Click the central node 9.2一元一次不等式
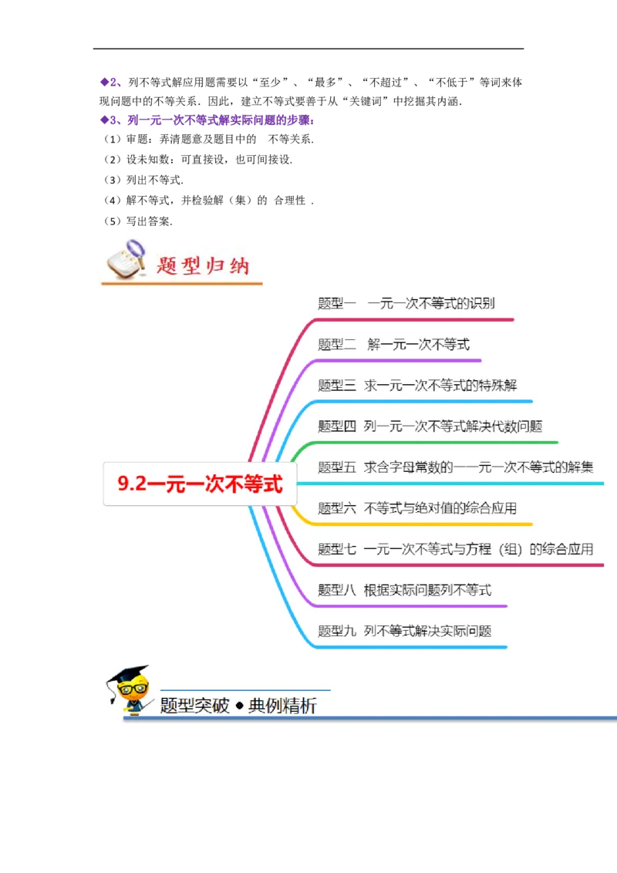pyautogui.click(x=200, y=484)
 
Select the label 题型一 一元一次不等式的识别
pyautogui.click(x=406, y=303)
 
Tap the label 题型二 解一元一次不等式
pyautogui.click(x=393, y=344)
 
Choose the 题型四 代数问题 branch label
pyautogui.click(x=433, y=426)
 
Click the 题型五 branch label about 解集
pyautogui.click(x=455, y=467)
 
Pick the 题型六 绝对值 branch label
pyautogui.click(x=416, y=507)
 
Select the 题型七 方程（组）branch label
pyautogui.click(x=455, y=549)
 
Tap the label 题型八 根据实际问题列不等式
pyautogui.click(x=404, y=590)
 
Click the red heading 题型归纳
pyautogui.click(x=203, y=265)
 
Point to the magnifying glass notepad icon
pyautogui.click(x=125, y=259)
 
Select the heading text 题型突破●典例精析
pyautogui.click(x=238, y=705)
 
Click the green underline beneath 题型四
pyautogui.click(x=432, y=443)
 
